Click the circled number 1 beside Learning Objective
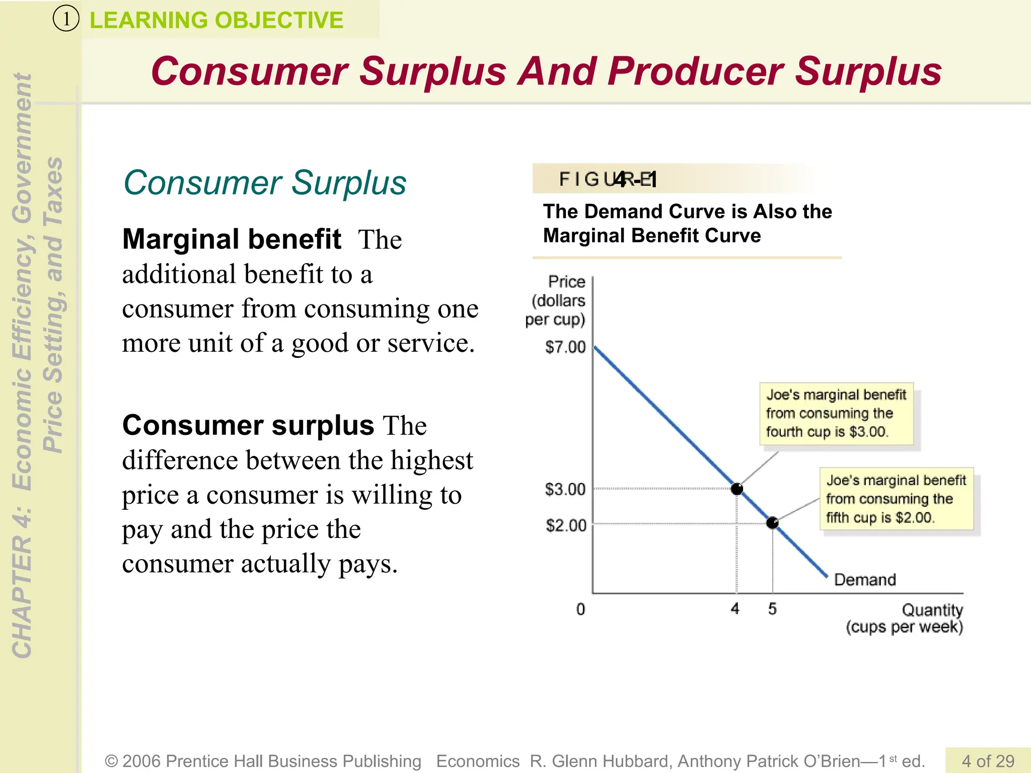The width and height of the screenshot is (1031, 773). click(x=66, y=20)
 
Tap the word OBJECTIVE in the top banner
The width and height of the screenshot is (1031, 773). click(x=279, y=21)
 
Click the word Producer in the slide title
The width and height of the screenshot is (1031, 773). click(x=695, y=71)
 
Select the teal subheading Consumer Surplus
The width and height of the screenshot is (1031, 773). click(x=265, y=182)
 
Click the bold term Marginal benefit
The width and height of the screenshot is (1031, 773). click(x=232, y=239)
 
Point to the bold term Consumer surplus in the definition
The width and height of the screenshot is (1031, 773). click(x=248, y=425)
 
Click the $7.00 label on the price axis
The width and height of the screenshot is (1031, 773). click(x=565, y=347)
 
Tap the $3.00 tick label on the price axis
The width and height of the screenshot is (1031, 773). click(x=565, y=489)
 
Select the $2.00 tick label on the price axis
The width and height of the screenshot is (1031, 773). click(x=566, y=525)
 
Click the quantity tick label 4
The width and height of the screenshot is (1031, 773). click(x=735, y=609)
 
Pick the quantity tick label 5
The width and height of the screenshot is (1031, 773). click(x=772, y=609)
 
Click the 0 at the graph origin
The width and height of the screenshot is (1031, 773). click(x=580, y=609)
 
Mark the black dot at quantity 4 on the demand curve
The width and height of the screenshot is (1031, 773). click(x=737, y=489)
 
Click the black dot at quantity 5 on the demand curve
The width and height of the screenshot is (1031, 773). click(x=772, y=523)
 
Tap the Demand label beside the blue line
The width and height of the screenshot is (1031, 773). click(x=865, y=580)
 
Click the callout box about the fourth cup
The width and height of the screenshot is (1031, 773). click(x=836, y=414)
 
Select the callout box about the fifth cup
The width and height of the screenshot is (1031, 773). click(x=896, y=499)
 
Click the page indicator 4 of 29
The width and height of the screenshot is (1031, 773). click(x=988, y=760)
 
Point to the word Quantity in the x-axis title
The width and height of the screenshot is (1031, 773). click(x=932, y=610)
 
